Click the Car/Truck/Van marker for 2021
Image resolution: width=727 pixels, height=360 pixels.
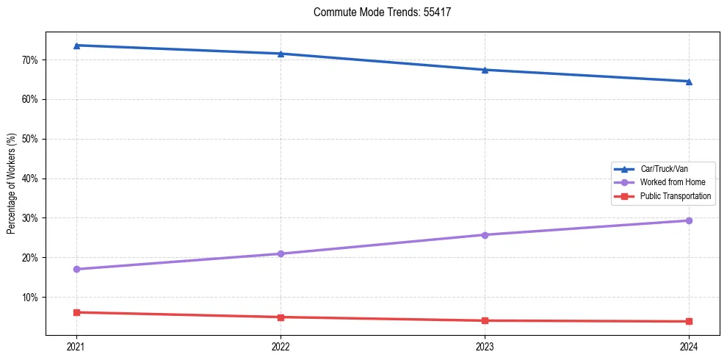click(76, 46)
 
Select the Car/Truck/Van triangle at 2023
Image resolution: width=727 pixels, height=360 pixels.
click(485, 70)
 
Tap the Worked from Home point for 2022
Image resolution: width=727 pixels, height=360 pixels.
click(281, 253)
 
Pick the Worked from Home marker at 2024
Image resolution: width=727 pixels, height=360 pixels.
click(689, 220)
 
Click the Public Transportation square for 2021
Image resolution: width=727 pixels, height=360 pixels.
click(76, 312)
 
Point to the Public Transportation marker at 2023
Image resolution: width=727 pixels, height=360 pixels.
click(485, 320)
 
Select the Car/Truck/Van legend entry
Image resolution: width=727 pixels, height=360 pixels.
click(664, 169)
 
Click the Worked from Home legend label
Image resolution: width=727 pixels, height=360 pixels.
click(672, 182)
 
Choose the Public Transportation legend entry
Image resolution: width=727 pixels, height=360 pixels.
click(675, 196)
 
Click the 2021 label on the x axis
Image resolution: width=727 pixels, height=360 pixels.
click(76, 346)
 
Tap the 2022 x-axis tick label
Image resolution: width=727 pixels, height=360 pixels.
click(281, 346)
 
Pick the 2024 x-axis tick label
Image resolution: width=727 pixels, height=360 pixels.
click(689, 346)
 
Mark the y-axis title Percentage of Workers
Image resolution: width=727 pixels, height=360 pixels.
click(12, 184)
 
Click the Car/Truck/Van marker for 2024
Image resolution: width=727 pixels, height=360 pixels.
click(689, 81)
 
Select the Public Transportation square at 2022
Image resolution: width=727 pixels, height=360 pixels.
click(281, 317)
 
